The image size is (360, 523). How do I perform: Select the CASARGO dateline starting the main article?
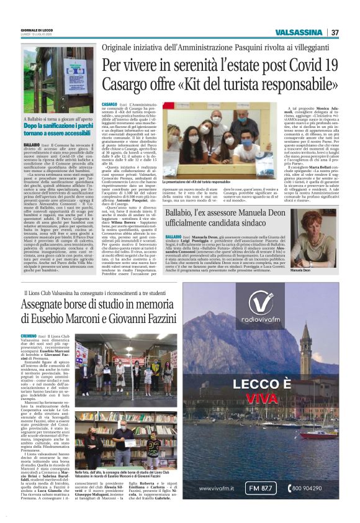click(109, 104)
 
